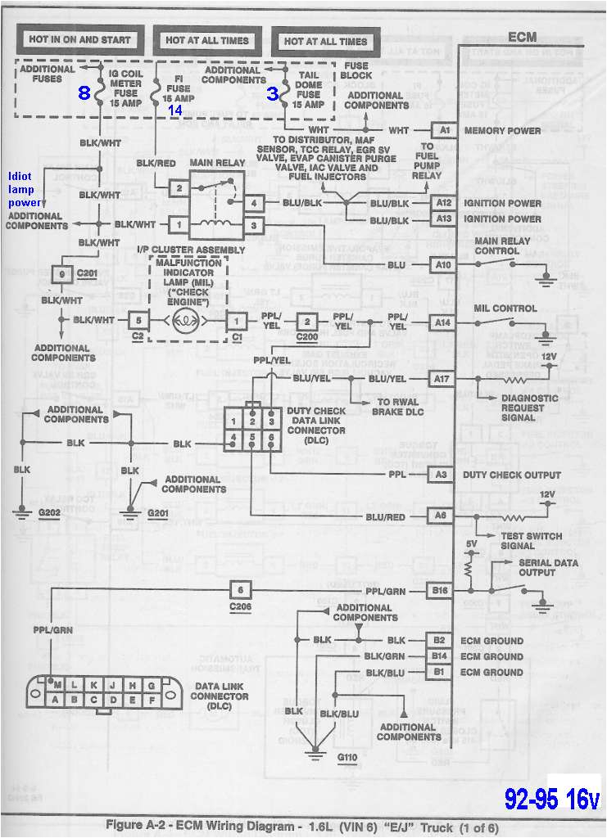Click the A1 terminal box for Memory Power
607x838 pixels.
pos(443,130)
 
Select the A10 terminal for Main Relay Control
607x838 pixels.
pos(443,264)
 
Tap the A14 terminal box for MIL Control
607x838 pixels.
pos(443,323)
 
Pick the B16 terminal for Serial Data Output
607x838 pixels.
pos(441,589)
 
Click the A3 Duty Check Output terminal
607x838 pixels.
pos(441,475)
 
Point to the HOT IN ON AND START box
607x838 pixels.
pos(79,39)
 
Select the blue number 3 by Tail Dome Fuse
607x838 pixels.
pos(272,93)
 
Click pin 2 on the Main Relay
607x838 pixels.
pos(179,188)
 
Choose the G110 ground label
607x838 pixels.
pos(347,757)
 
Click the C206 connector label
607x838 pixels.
pos(240,607)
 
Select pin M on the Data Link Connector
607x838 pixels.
pos(57,684)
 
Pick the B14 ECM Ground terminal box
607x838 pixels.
pos(440,656)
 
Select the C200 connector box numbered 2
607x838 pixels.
pos(307,322)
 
